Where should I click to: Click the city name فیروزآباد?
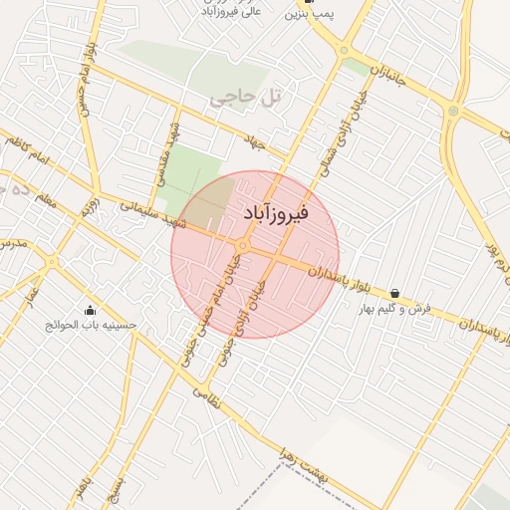[276, 213]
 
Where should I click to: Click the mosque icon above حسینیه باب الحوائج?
[91, 309]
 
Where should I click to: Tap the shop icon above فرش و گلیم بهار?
[396, 294]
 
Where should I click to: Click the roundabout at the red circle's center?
[242, 245]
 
